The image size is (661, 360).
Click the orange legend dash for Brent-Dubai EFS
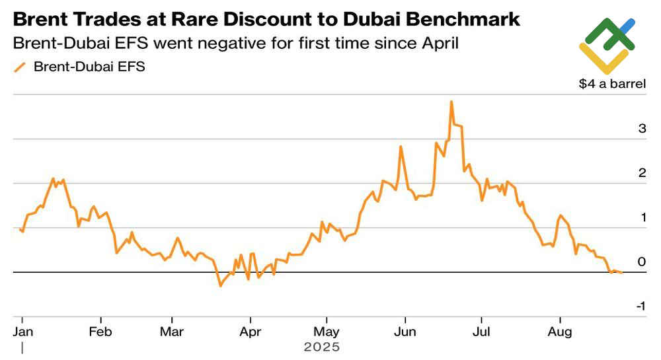(x=20, y=67)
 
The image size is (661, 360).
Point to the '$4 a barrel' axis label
(x=612, y=85)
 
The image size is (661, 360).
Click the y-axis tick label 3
(x=642, y=129)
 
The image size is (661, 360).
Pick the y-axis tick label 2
(x=642, y=173)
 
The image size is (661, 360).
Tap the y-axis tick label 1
(x=642, y=217)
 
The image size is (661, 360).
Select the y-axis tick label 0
(x=642, y=262)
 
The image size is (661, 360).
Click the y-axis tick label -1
(x=640, y=306)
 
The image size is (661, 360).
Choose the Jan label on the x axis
(x=23, y=331)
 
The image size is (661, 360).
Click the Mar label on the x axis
(x=172, y=331)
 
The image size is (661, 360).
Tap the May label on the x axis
(x=327, y=331)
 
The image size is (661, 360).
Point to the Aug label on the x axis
(x=561, y=331)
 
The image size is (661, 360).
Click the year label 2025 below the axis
(x=321, y=347)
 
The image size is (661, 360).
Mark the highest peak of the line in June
(x=451, y=102)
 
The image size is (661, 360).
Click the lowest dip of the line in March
(x=220, y=285)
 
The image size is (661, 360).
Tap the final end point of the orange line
(x=621, y=273)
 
